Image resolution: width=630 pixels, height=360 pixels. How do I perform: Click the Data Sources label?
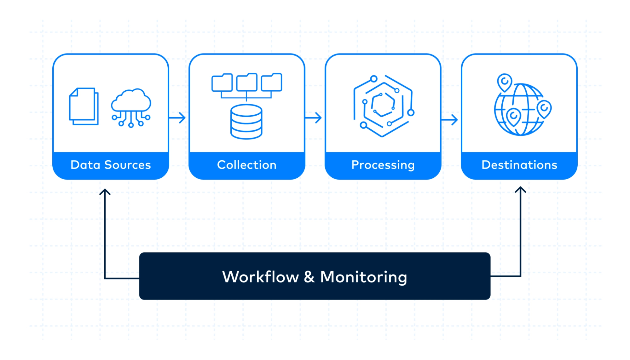tap(111, 165)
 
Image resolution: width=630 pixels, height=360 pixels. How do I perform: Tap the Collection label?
tap(247, 165)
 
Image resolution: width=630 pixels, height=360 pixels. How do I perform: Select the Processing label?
tap(383, 165)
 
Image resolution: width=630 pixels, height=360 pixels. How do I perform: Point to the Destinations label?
tap(519, 165)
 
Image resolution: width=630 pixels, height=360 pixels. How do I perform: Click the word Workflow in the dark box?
tap(260, 277)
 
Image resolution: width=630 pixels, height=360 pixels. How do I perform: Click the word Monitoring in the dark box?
tap(363, 277)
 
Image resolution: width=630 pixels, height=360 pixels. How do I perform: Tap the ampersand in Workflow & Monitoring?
tap(309, 277)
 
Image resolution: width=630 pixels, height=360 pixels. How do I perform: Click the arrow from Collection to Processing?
tap(314, 118)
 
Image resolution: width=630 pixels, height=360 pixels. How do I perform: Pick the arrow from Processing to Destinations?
tap(449, 120)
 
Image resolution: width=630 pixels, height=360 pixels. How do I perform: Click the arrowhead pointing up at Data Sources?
tap(105, 192)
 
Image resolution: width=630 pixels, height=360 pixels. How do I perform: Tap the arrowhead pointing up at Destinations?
tap(520, 190)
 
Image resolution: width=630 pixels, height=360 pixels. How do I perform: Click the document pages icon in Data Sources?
tap(84, 106)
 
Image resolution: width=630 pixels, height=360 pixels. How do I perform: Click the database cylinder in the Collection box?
tap(246, 122)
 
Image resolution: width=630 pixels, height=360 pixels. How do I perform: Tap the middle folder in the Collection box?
tap(247, 83)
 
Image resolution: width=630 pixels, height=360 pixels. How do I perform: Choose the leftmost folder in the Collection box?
tap(222, 83)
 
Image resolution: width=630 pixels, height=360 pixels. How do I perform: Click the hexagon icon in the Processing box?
tap(383, 106)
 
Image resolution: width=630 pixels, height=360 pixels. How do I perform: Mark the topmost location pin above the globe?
tap(505, 82)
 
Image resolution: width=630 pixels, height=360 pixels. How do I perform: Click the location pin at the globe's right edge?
tap(544, 109)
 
